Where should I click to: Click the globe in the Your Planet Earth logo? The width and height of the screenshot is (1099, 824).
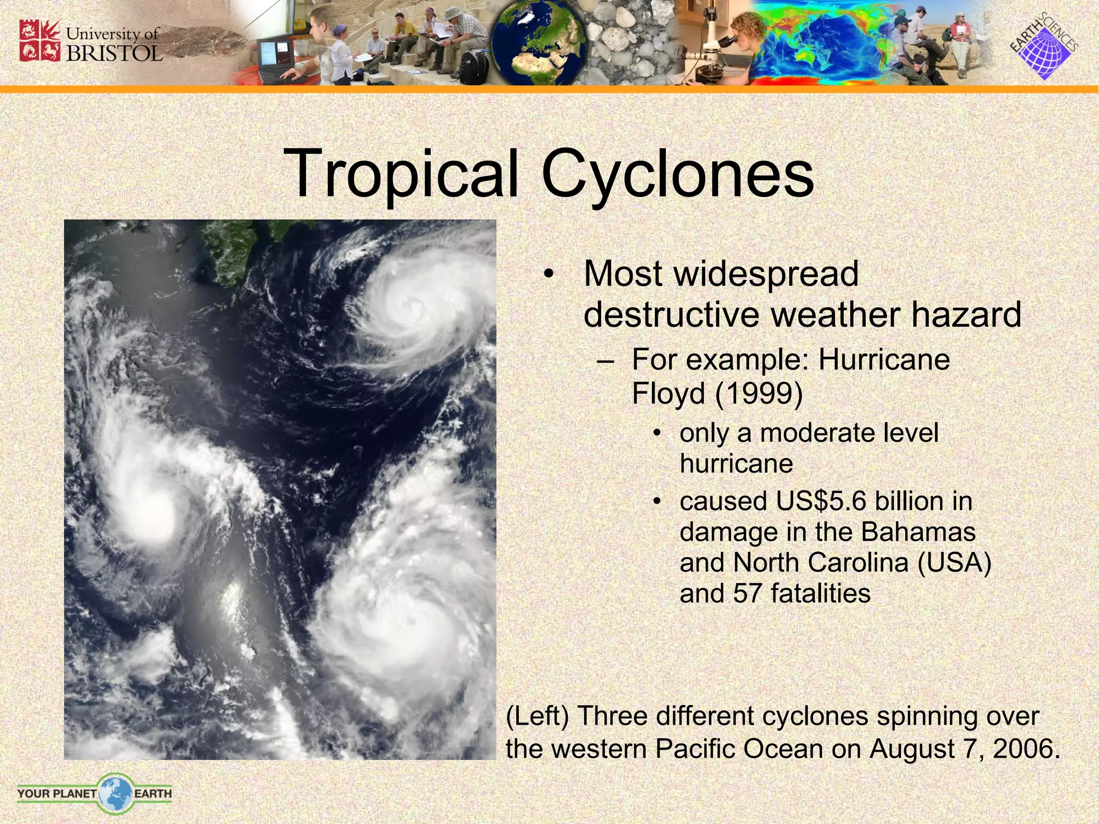coord(115,792)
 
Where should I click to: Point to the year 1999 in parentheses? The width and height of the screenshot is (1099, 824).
coord(759,394)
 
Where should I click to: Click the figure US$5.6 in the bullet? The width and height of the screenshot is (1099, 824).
coord(821,502)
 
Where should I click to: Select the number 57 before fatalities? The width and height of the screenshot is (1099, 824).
coord(747,594)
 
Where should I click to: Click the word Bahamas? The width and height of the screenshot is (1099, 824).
coord(919,532)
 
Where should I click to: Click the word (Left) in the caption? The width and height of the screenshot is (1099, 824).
coord(537,717)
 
